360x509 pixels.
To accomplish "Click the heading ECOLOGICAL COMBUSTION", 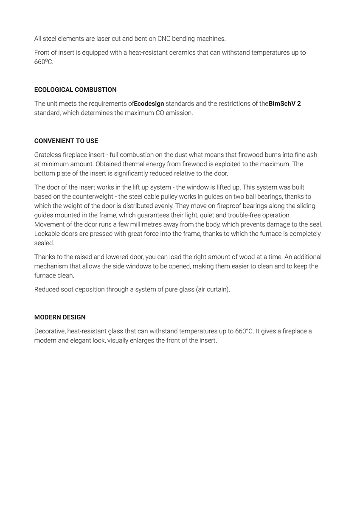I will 75,89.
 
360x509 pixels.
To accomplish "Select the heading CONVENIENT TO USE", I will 66,140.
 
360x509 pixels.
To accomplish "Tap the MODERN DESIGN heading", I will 60,317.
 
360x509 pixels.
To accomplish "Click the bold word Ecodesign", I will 149,103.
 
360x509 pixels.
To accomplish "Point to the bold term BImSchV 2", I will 284,103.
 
